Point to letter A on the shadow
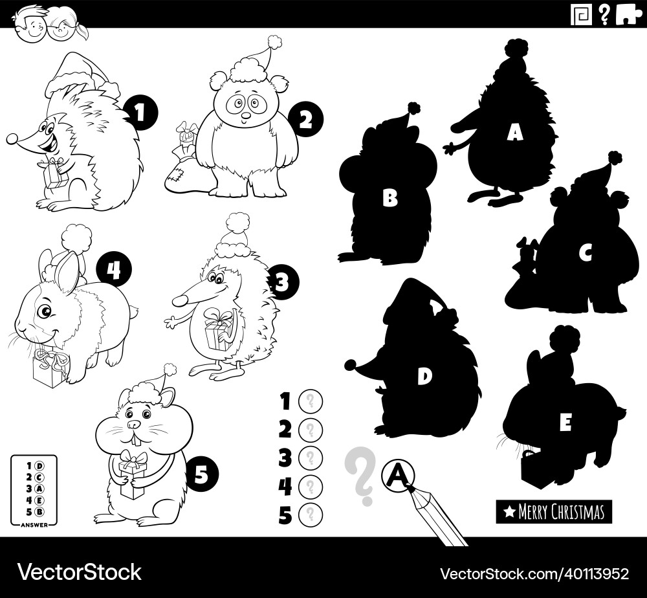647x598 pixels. click(514, 133)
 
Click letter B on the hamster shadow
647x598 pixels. click(389, 198)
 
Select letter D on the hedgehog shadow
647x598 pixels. click(424, 377)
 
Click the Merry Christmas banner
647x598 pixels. click(554, 512)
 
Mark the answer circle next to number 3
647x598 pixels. click(310, 458)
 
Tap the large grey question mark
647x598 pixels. click(360, 476)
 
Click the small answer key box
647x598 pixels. click(33, 491)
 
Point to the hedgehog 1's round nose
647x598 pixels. click(12, 138)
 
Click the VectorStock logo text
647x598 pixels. click(79, 572)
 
